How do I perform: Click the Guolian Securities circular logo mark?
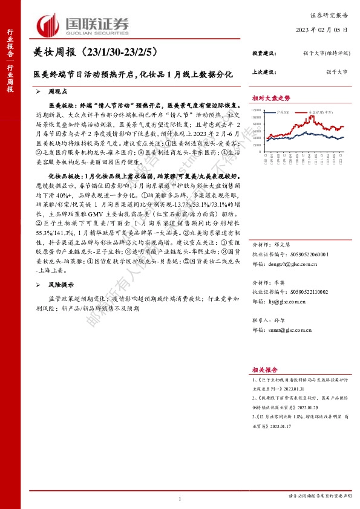coord(49,25)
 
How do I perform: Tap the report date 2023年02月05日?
coord(322,30)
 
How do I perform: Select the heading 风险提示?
coord(62,284)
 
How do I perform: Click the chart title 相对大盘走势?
coord(272,98)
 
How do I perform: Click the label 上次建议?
coord(264,71)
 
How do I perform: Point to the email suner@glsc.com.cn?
coord(291,330)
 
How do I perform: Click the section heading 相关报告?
coord(265,368)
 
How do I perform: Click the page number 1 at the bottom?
coord(180,498)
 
